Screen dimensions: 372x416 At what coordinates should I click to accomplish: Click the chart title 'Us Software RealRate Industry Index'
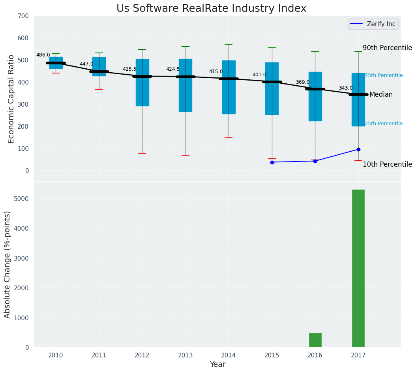pos(211,9)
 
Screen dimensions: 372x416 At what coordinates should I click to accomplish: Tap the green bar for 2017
pos(358,268)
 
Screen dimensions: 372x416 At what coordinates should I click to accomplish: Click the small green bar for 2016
pos(315,340)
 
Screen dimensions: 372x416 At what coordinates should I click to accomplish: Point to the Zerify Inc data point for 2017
pos(358,149)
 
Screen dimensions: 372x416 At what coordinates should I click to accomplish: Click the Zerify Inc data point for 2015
pos(272,162)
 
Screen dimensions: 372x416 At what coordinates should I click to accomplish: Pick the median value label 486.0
pos(43,55)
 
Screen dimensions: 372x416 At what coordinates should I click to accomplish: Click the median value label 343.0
pos(346,88)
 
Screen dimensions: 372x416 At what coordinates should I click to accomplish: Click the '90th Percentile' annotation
pos(387,48)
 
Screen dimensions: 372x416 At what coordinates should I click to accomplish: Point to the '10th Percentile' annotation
pos(387,164)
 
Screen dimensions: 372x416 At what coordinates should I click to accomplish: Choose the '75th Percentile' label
pos(384,75)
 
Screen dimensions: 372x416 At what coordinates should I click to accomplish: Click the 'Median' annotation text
pos(381,94)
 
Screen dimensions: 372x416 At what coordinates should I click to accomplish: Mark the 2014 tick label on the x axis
pos(229,355)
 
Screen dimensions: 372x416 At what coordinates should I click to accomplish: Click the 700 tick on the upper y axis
pos(23,16)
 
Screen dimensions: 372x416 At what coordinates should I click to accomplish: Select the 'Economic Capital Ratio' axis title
pos(11,99)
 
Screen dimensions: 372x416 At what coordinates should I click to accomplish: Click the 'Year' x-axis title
pos(217,364)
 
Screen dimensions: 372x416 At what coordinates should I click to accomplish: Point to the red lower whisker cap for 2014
pos(229,138)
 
